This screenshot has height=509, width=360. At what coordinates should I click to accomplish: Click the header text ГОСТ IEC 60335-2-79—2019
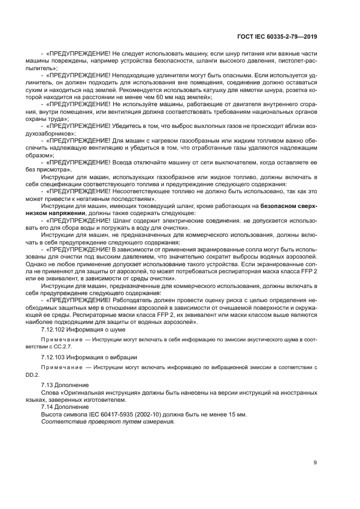278,38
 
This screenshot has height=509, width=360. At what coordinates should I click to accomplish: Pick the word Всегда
125,162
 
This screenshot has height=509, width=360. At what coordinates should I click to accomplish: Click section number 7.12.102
56,329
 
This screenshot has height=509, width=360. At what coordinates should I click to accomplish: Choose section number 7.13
48,384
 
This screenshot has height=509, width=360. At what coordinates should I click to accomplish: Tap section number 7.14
48,407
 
